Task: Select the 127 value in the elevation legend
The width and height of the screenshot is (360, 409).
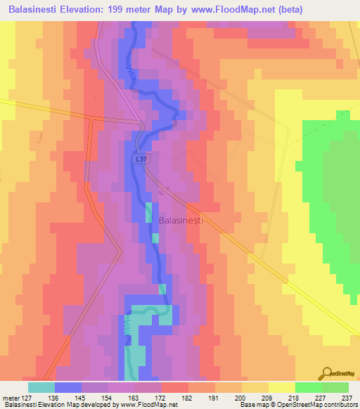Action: tap(27, 398)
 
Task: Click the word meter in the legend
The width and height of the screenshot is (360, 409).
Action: tap(10, 398)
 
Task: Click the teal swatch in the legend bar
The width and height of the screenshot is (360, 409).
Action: tap(41, 387)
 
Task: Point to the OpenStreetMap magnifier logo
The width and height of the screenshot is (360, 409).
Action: tap(326, 375)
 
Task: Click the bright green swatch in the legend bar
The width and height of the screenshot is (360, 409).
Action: tap(308, 387)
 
